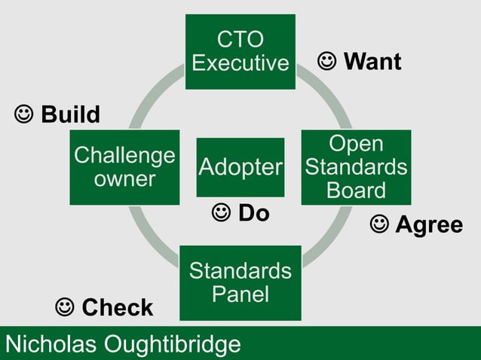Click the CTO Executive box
tap(240, 51)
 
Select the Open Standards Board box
tap(356, 166)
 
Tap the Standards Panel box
tap(240, 282)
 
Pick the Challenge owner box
tap(124, 166)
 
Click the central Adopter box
tap(240, 166)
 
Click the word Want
tap(372, 63)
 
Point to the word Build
tap(70, 115)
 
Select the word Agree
tap(429, 225)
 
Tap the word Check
tap(117, 307)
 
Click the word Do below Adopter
tap(254, 214)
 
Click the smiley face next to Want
tap(327, 62)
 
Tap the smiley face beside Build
tap(24, 114)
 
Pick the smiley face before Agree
tap(379, 224)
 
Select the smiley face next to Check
tap(66, 307)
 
